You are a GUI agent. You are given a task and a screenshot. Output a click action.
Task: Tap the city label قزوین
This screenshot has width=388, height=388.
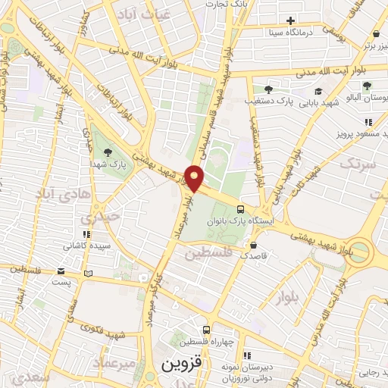[x=180, y=364]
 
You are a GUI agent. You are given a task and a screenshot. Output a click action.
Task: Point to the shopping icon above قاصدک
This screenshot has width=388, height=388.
[x=254, y=246]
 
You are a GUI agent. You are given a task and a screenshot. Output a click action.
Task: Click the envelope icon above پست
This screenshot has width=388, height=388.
[x=61, y=271]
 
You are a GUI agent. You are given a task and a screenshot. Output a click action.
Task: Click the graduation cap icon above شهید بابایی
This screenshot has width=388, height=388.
[x=318, y=91]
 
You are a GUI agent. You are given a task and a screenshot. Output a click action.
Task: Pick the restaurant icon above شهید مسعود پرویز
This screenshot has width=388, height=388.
[x=368, y=121]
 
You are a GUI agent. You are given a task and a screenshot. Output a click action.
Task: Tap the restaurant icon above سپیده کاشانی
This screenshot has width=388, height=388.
[x=85, y=233]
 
